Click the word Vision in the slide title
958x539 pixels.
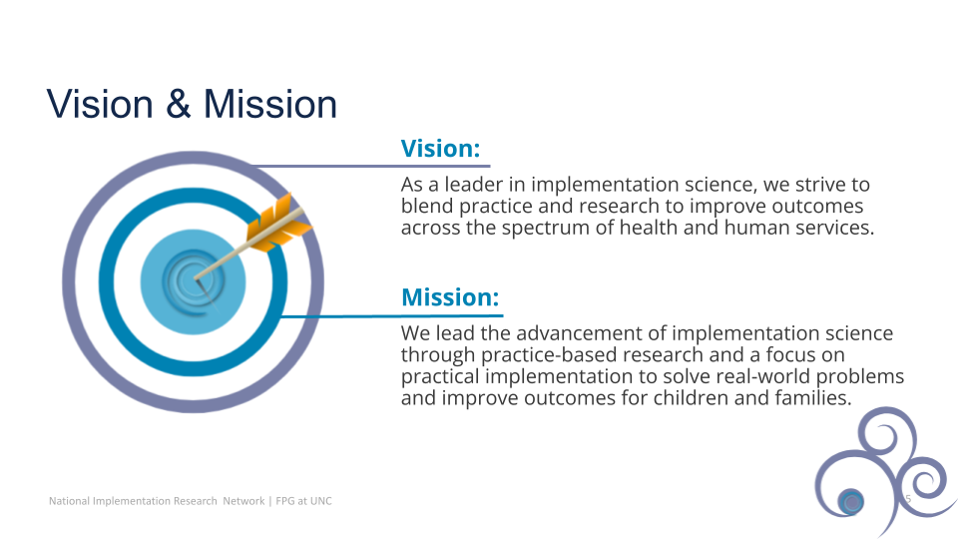click(x=100, y=104)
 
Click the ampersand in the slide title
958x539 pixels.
click(x=179, y=104)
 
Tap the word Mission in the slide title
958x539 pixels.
click(x=270, y=104)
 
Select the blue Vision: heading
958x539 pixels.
click(x=440, y=149)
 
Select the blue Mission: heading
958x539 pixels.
click(x=450, y=297)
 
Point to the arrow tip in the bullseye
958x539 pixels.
click(x=197, y=279)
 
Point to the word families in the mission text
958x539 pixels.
click(x=813, y=398)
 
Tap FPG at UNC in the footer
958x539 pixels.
click(x=303, y=501)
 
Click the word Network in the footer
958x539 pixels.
click(x=243, y=501)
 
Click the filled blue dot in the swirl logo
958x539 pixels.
click(x=850, y=502)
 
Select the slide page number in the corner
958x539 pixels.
click(x=908, y=499)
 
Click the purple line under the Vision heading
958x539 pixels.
click(x=371, y=166)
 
